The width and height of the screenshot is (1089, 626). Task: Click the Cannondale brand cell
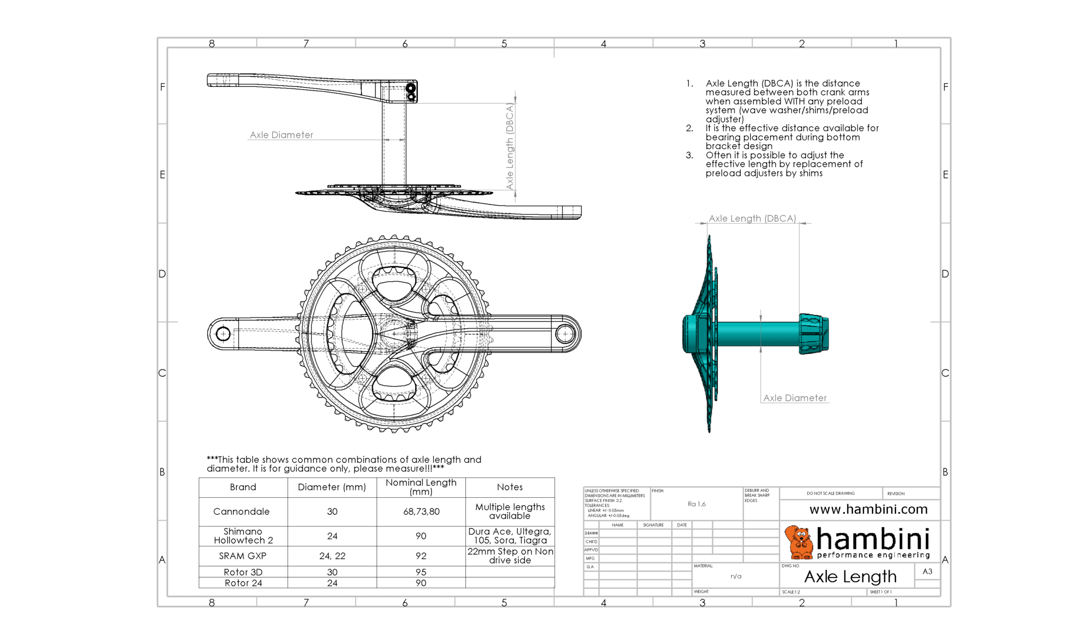point(241,511)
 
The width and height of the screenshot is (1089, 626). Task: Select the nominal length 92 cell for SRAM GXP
point(421,556)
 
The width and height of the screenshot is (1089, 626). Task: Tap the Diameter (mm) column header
point(332,487)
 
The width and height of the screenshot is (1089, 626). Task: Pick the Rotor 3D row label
point(243,572)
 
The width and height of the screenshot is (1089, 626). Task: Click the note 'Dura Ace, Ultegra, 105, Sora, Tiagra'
point(509,536)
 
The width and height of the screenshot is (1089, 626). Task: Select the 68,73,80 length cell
point(421,511)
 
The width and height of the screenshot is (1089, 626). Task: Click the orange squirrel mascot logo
point(799,542)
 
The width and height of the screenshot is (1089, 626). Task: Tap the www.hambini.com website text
point(868,510)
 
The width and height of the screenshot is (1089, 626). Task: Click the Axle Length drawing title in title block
point(850,577)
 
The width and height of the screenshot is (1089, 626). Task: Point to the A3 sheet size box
point(927,571)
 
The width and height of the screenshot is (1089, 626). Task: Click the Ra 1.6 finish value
point(696,504)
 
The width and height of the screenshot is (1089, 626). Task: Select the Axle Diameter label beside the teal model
point(794,398)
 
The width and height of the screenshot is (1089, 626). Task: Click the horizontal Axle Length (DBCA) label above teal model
point(752,219)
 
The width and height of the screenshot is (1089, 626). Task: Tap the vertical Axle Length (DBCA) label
point(509,146)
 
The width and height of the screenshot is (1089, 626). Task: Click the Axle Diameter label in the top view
point(281,135)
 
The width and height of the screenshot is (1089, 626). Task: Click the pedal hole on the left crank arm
point(223,334)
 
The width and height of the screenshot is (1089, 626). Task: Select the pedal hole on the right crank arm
point(564,334)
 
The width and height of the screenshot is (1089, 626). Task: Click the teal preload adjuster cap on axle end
point(813,334)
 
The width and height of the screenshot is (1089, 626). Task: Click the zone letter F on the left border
point(163,87)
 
